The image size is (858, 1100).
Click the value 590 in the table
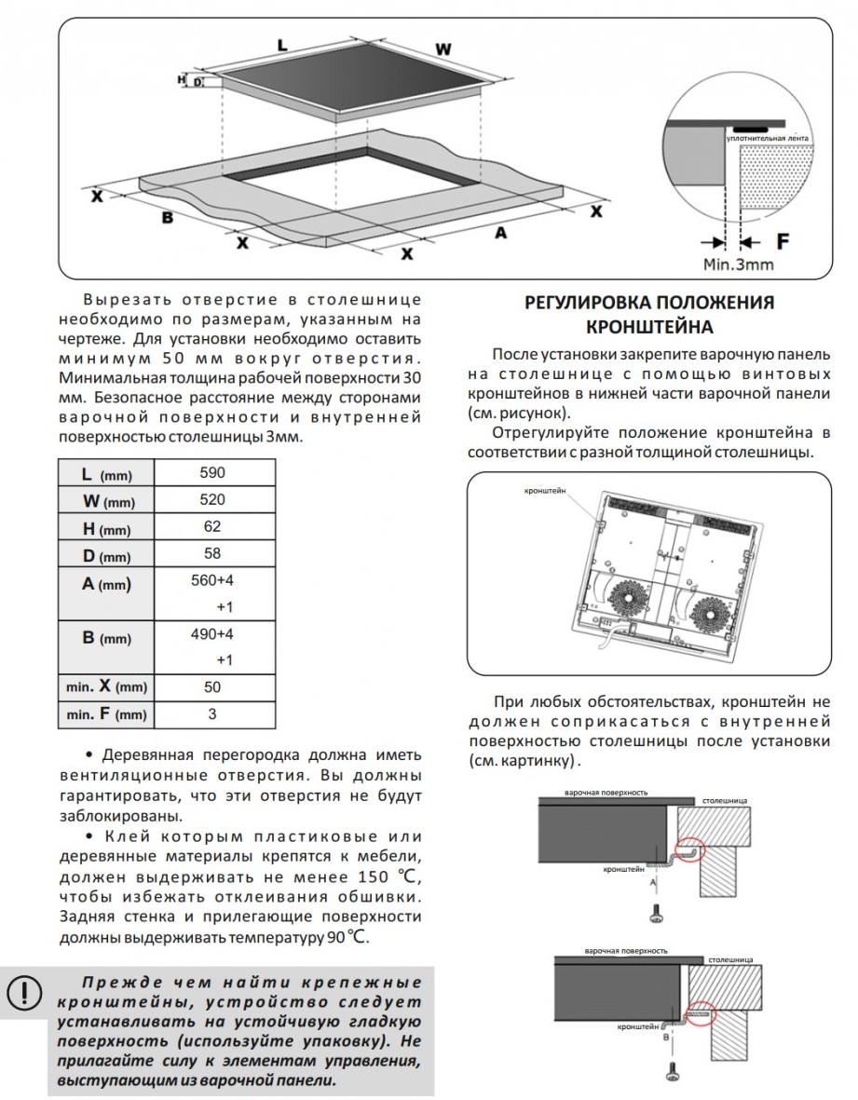coord(212,472)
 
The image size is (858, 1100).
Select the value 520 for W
coord(212,500)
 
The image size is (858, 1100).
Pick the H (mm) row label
coord(107,529)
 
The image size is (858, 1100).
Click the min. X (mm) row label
coord(107,687)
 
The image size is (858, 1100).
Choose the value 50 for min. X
coord(212,687)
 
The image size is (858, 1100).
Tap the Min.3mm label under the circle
coord(738,264)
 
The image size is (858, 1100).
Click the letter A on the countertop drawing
coord(501,233)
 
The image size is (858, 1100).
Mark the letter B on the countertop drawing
coord(168,217)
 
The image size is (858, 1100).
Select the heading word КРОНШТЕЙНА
coord(649,327)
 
